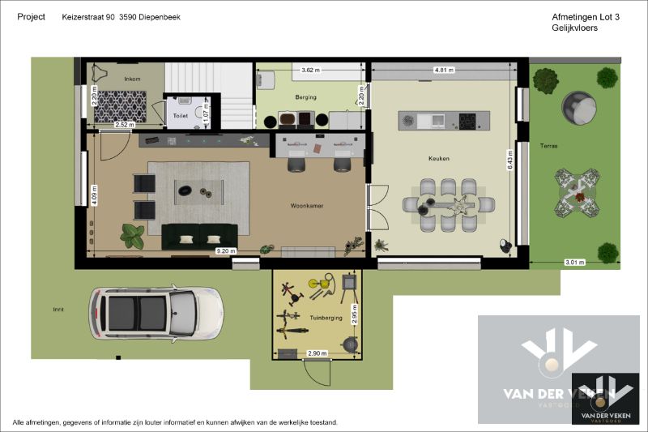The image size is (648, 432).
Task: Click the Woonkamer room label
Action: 306,206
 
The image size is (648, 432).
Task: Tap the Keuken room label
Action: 439,159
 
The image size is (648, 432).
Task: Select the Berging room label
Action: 305,97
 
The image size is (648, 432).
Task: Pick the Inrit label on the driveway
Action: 58,309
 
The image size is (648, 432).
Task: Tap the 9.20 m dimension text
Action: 225,251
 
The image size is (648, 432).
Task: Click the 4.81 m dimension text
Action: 443,70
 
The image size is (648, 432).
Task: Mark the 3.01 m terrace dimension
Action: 573,262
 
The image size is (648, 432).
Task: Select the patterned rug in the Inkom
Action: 121,105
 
